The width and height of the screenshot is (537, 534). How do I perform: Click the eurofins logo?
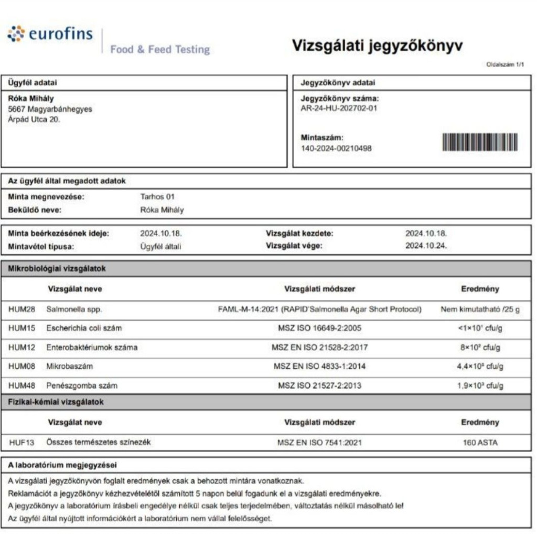(x=50, y=35)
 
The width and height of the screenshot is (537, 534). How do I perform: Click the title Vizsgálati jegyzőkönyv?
(x=377, y=46)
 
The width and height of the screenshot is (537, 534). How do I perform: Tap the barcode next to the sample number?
(x=480, y=142)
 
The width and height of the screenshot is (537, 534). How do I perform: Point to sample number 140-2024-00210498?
(x=336, y=149)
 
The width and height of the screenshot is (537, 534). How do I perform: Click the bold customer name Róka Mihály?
(x=31, y=99)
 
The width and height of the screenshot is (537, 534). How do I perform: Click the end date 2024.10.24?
(x=426, y=246)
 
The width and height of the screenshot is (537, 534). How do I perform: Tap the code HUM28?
(x=22, y=309)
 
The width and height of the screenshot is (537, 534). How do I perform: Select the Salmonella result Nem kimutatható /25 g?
(x=480, y=309)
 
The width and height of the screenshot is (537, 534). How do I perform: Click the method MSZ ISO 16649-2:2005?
(x=319, y=328)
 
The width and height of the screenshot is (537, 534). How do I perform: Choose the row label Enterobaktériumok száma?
(x=92, y=347)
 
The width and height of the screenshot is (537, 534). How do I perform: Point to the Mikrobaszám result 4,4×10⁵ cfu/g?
(x=480, y=367)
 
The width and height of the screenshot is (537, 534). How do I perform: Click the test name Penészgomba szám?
(x=82, y=385)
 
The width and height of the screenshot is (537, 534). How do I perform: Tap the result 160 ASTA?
(x=480, y=443)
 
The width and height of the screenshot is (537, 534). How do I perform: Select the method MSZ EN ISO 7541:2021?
(x=319, y=443)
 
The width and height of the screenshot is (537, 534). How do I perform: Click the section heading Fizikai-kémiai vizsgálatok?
(x=56, y=402)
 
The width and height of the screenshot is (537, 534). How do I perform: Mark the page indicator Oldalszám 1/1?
(x=505, y=65)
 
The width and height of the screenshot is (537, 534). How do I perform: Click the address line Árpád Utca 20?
(x=34, y=119)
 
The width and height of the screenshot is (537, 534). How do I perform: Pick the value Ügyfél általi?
(x=160, y=246)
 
